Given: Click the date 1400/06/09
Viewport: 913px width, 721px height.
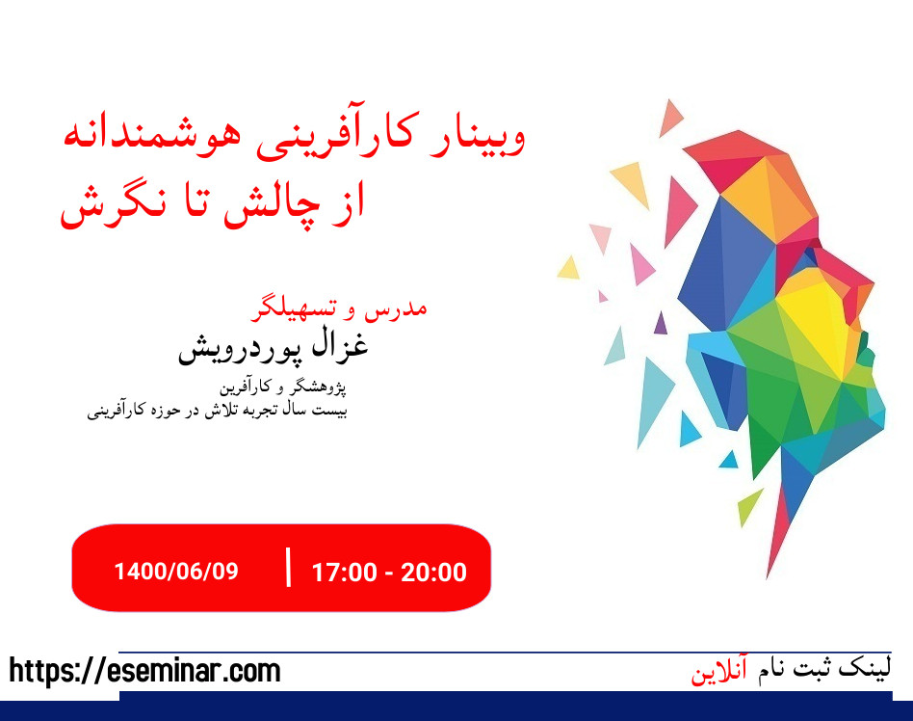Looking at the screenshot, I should point(175,571).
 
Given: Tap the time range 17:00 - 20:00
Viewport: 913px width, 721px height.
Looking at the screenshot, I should point(389,572).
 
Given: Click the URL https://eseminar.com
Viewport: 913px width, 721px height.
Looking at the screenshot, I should point(145,671).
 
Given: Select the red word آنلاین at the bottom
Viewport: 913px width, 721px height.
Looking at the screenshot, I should point(719,672).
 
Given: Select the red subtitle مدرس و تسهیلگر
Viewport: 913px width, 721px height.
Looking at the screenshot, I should point(338,308).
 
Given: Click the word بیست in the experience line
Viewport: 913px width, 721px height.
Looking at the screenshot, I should point(329,411).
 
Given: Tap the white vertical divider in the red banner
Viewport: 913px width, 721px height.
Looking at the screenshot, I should point(288,568).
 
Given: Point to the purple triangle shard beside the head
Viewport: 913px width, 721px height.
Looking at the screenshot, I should point(660,323).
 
